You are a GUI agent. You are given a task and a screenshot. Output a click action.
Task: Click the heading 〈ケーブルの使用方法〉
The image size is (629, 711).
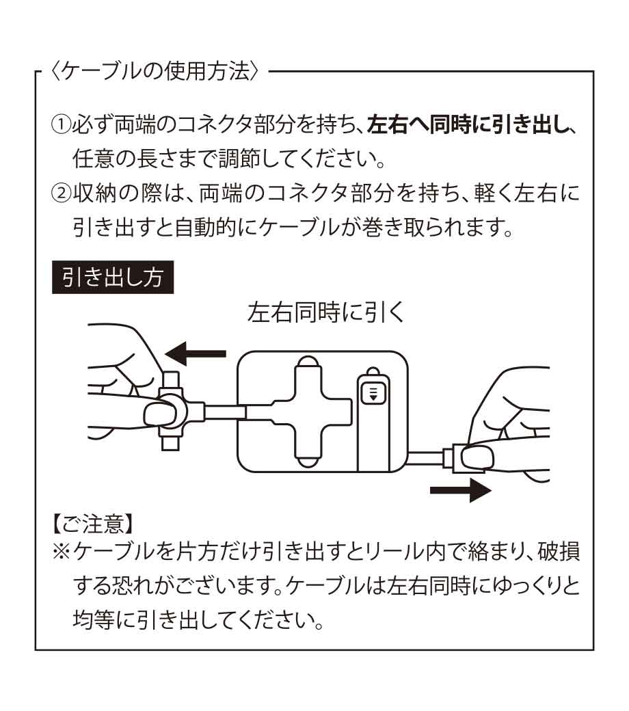coord(156,72)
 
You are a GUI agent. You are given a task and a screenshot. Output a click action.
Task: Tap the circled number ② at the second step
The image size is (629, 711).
coord(62,193)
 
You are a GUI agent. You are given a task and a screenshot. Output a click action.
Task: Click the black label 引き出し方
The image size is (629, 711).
coord(113,277)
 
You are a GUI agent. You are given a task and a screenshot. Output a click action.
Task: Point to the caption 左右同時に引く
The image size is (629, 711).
coord(325,312)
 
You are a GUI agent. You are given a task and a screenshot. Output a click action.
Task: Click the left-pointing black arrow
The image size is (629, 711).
coord(196,353)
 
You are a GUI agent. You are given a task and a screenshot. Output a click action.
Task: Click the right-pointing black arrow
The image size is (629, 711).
coord(461,490)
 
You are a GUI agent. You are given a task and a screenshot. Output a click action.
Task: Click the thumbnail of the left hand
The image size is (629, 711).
coord(159,414)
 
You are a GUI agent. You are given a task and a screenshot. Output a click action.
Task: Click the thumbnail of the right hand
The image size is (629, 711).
coord(477,458)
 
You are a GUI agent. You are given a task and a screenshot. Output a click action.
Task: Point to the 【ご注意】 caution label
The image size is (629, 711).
coord(93,524)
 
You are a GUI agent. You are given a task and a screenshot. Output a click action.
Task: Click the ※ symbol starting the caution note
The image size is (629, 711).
coord(62,552)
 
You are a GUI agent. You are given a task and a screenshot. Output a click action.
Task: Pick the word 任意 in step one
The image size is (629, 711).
coord(94,159)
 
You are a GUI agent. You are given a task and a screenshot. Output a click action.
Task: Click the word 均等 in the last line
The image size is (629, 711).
coord(94,619)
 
